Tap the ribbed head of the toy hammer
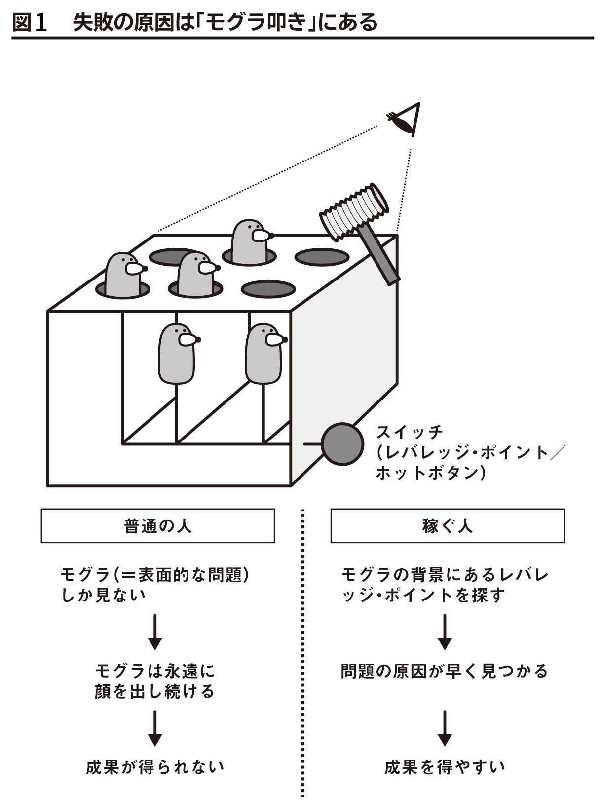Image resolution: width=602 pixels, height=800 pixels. tap(353, 210)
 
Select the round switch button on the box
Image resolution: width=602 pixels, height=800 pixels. tap(342, 444)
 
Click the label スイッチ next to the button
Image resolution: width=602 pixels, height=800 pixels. tap(410, 432)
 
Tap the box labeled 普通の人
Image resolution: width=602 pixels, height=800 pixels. tap(157, 526)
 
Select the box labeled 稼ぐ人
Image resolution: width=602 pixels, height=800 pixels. tap(447, 526)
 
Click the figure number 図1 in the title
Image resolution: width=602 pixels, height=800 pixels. tap(30, 22)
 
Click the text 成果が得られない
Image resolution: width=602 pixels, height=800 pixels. tap(155, 767)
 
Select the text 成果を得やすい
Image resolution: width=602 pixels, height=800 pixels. tap(445, 767)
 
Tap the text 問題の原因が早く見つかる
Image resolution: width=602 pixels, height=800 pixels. tap(445, 671)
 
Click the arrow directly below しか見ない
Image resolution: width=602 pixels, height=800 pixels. tap(155, 632)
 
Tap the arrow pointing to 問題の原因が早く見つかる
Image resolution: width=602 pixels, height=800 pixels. tap(445, 632)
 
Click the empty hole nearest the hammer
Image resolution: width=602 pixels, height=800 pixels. tap(322, 257)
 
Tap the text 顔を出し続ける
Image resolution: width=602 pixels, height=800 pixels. tap(155, 691)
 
